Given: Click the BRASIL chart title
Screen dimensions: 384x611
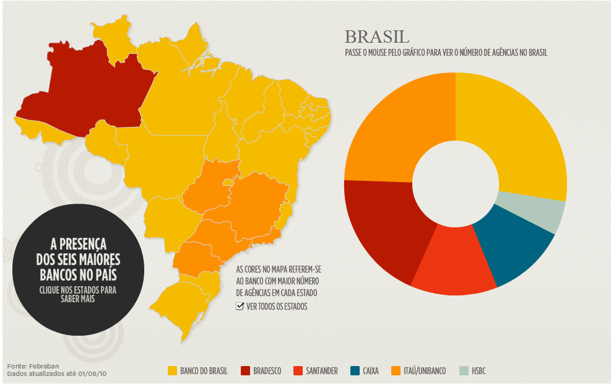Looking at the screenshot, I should point(376,37).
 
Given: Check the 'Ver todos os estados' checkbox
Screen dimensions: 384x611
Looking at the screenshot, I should point(240,307).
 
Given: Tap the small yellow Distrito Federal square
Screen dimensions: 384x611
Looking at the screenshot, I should point(228,182).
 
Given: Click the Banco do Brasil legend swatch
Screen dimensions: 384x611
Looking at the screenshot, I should point(172,371).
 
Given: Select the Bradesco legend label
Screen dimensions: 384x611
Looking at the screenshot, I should point(267,371).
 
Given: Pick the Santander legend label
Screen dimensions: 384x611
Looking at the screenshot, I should point(321,371).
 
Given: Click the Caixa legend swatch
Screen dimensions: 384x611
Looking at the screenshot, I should point(354,371).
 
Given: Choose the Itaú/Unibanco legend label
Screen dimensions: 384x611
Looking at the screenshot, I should point(425,371).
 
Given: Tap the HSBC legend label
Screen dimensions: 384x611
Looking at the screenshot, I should point(479,371).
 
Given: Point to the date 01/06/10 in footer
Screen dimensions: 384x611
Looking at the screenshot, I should point(93,374).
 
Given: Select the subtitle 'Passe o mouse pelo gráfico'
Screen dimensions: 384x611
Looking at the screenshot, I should point(446,53).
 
